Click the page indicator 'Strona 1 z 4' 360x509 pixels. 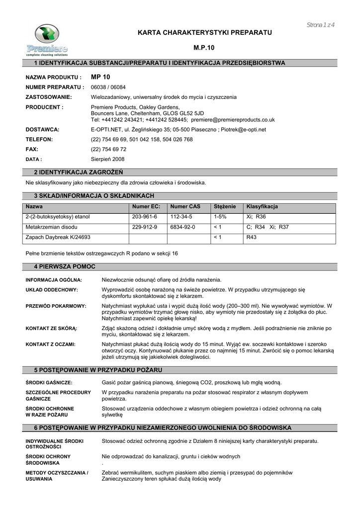coord(320,25)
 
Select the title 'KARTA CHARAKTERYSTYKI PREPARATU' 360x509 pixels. coord(205,32)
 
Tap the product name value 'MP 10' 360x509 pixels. coord(101,78)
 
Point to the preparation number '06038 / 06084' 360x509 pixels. coord(107,87)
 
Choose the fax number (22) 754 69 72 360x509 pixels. coord(108,149)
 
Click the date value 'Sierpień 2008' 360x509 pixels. coord(108,159)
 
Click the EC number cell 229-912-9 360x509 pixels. coord(145,227)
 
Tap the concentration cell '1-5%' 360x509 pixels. coord(220,217)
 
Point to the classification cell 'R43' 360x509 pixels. coord(252,237)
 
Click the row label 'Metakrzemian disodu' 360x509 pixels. coord(50,227)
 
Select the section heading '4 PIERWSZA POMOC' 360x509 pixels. coord(64,267)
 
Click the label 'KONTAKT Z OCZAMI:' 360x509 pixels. coord(50,344)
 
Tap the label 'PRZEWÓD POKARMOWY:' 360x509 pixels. coord(56,306)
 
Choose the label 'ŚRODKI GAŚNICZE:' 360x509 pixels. coord(49,382)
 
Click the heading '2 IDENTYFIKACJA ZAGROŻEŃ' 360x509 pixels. coord(75,172)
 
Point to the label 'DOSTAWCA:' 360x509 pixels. coord(42,129)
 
